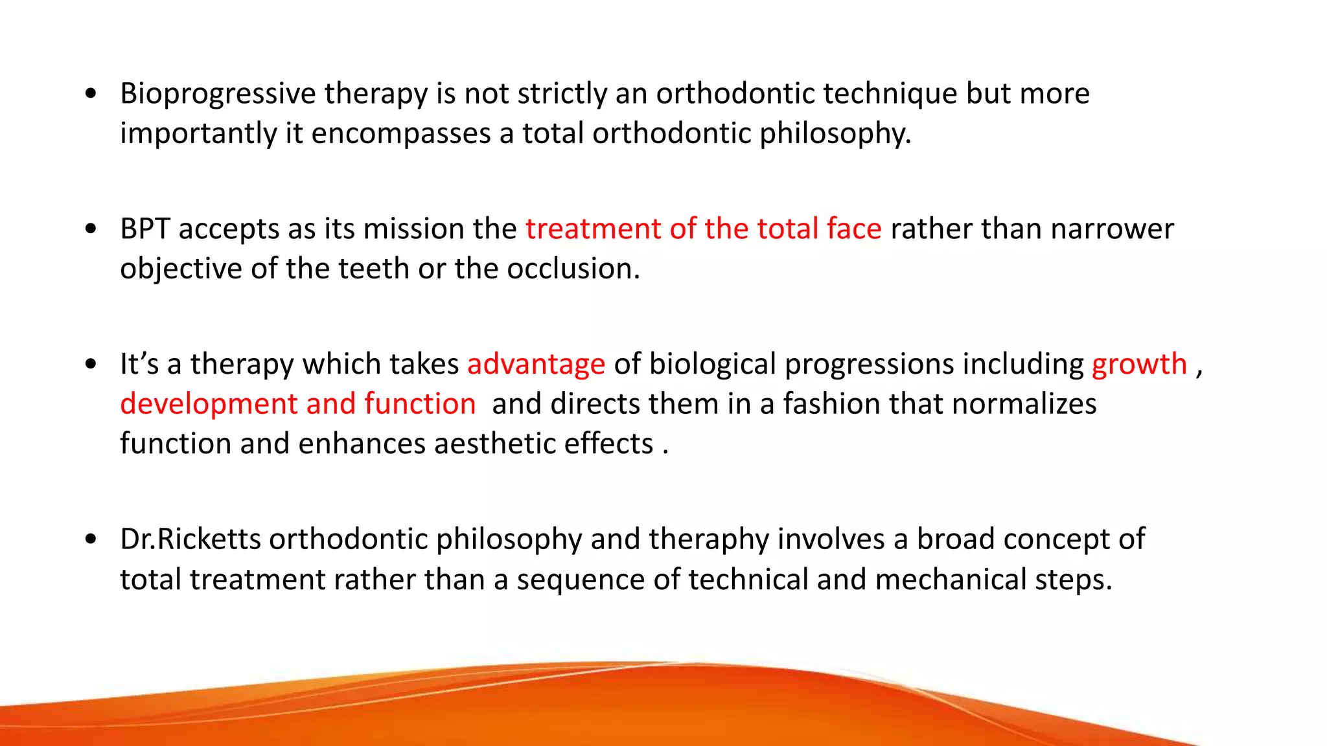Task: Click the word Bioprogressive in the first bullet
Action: (218, 95)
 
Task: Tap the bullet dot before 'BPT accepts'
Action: (91, 229)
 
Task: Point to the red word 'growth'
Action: (1139, 364)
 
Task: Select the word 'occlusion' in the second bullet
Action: (573, 269)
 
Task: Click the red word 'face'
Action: (854, 229)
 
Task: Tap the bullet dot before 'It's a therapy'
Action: (91, 365)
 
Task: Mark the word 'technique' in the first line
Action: (890, 95)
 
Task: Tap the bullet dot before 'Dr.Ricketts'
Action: (91, 539)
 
